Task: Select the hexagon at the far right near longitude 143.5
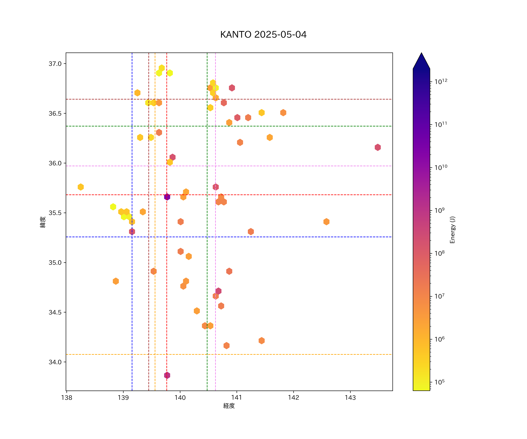[378, 147]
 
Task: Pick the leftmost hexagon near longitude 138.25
[81, 187]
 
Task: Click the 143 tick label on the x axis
[350, 398]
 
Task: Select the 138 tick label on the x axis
[66, 398]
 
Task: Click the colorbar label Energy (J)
[452, 230]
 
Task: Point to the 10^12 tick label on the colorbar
[441, 82]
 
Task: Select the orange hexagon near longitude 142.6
[326, 222]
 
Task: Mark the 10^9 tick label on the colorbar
[440, 210]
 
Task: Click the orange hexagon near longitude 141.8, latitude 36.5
[283, 113]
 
